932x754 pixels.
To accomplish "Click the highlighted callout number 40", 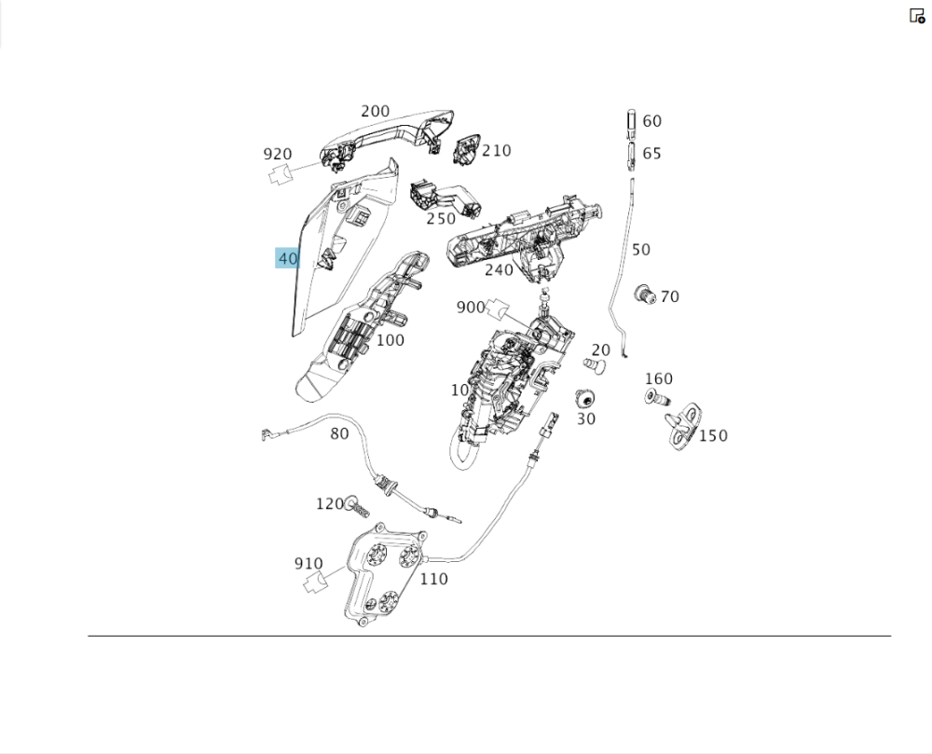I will tap(287, 258).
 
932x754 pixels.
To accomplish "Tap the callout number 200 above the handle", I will tap(375, 111).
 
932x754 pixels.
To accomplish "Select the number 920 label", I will tap(277, 155).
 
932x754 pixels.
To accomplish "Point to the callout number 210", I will tap(497, 150).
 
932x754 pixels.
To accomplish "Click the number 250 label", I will tap(441, 219).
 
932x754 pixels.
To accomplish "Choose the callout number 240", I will tap(499, 269).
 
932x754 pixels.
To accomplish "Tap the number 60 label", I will tap(651, 121).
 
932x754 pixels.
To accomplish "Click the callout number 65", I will tap(651, 153).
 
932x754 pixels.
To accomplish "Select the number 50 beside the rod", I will tap(641, 250).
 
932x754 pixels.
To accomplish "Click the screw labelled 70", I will tap(642, 295).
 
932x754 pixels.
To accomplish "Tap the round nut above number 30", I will tap(586, 399).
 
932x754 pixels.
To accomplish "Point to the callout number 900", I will tap(471, 308).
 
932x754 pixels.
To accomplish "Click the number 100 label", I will tap(390, 340).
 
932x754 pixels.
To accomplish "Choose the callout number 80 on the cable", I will tap(339, 433).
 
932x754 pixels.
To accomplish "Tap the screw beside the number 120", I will tap(356, 506).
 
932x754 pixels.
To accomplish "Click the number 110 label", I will tap(433, 579).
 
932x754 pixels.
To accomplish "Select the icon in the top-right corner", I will tap(917, 16).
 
